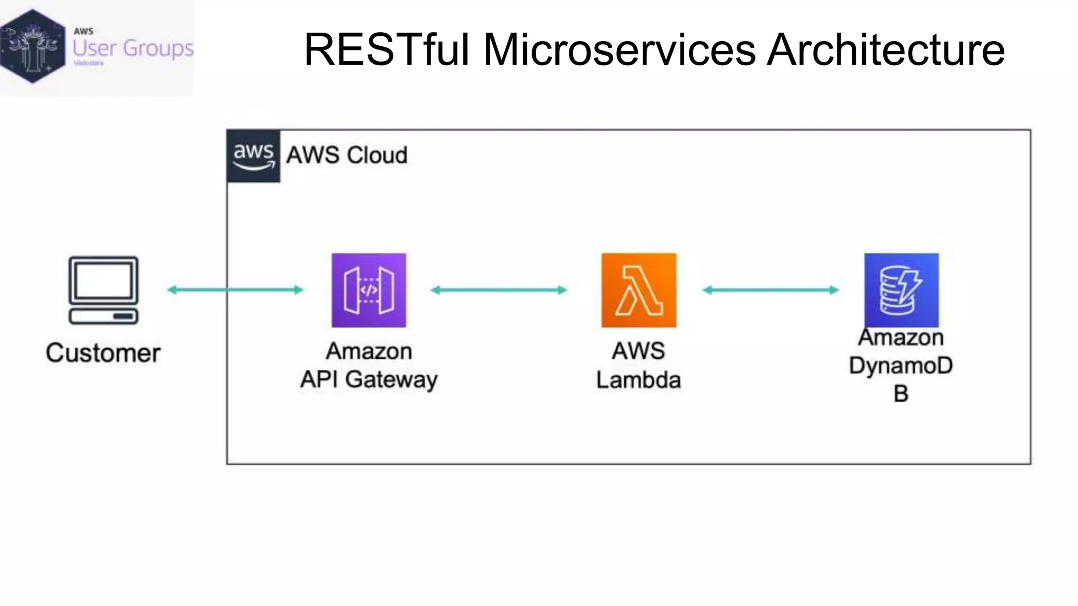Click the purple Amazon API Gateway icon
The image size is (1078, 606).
[x=368, y=290]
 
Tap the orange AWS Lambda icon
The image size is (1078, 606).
[x=638, y=290]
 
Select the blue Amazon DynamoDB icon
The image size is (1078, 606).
[x=901, y=290]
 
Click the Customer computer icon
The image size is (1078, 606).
[x=104, y=290]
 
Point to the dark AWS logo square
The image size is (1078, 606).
[x=253, y=156]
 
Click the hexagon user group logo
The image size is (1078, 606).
[x=33, y=46]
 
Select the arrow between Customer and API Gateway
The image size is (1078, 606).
[x=235, y=289]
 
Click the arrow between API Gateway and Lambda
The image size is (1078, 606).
[x=498, y=290]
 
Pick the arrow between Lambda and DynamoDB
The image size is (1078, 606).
[x=771, y=290]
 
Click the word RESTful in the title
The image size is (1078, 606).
[x=386, y=49]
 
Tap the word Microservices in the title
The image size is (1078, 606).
[x=619, y=49]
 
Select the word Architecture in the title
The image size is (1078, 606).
[x=885, y=49]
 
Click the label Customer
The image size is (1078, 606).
[x=103, y=353]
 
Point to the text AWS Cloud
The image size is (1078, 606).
[x=347, y=155]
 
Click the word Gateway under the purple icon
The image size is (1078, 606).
[x=391, y=380]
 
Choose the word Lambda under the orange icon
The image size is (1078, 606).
[x=638, y=380]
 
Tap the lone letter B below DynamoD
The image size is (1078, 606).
[x=901, y=393]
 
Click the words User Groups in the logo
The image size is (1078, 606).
[x=133, y=48]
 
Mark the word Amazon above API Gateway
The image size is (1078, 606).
[x=369, y=351]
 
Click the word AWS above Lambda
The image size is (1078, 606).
[x=638, y=351]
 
